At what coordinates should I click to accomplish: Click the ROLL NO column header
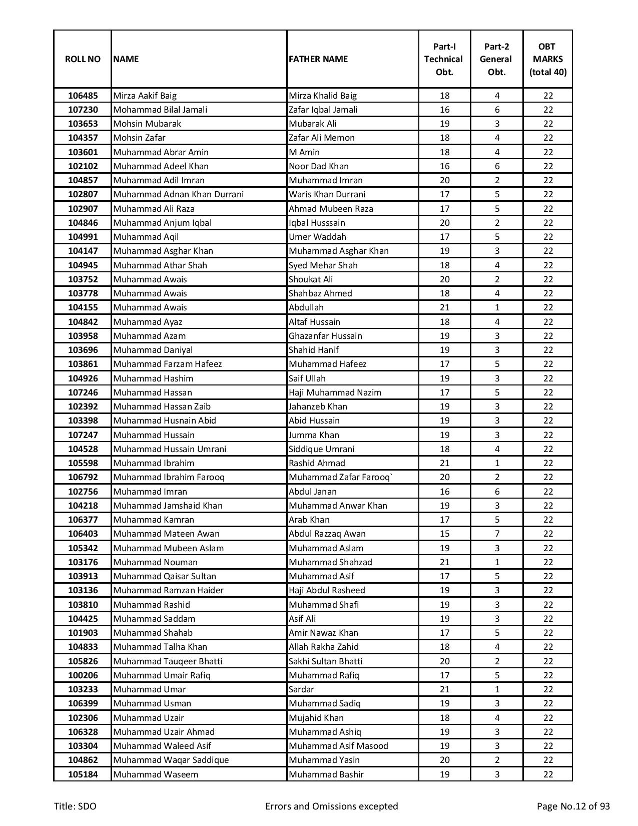click(x=83, y=59)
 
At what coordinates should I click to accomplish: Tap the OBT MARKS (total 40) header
click(x=547, y=59)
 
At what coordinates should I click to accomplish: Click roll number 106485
click(x=83, y=96)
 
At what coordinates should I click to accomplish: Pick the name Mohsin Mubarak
click(x=147, y=124)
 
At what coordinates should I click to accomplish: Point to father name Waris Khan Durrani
click(x=327, y=194)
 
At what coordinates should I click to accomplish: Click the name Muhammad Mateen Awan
click(x=166, y=534)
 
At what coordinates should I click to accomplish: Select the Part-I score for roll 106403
click(x=444, y=534)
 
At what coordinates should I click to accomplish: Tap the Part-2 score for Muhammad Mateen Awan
click(x=497, y=534)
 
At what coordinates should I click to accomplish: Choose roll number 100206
click(x=83, y=675)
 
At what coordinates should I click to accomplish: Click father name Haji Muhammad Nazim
click(x=335, y=392)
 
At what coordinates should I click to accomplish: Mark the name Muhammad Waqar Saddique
click(x=171, y=760)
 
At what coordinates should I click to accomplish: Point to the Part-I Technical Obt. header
click(x=444, y=59)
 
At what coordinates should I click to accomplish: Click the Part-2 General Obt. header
click(x=496, y=59)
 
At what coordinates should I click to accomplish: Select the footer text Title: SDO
click(x=75, y=806)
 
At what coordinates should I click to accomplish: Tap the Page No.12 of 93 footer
click(x=573, y=806)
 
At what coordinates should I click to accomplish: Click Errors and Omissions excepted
click(x=331, y=806)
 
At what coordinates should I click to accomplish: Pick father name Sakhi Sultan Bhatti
click(x=325, y=661)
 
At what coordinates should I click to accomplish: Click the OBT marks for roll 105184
click(x=548, y=774)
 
